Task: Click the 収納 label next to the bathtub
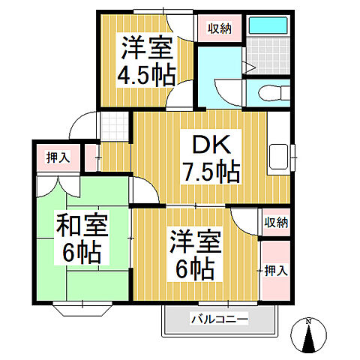coord(219,28)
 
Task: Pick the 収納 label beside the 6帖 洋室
coord(274,222)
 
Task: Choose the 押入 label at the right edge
coord(274,270)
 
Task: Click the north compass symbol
coord(310,336)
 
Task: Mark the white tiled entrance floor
coord(111,127)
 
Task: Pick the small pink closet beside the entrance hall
coord(91,157)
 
